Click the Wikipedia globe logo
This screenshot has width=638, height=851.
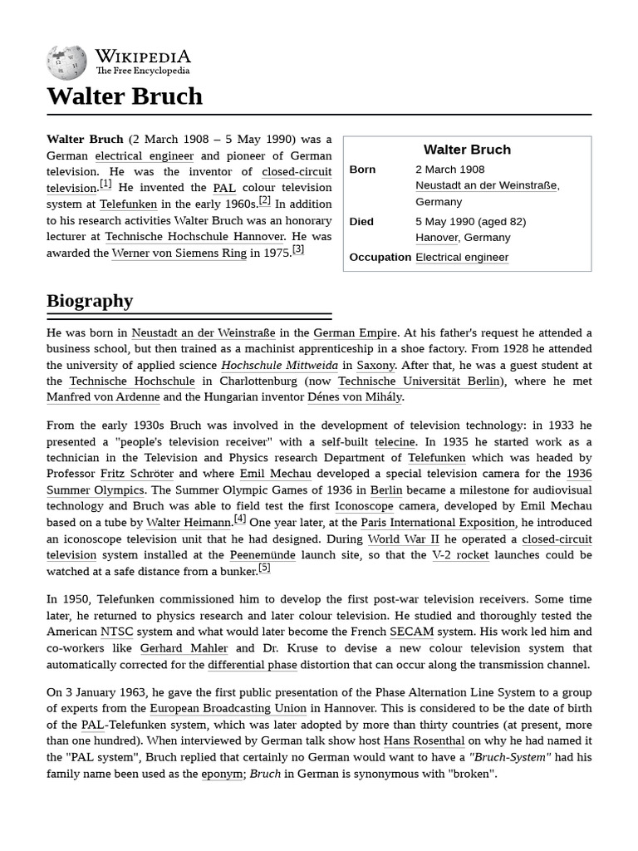(x=66, y=61)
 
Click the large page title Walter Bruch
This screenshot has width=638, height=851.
(x=125, y=96)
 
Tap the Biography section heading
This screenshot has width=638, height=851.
(x=90, y=301)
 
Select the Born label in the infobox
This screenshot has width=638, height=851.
(x=362, y=170)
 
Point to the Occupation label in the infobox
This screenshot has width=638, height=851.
(x=380, y=258)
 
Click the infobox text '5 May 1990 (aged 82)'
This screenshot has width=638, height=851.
(x=470, y=222)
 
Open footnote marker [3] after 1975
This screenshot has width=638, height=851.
(x=298, y=249)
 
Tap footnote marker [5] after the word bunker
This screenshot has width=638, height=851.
(x=264, y=568)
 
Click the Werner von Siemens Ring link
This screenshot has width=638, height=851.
(x=179, y=253)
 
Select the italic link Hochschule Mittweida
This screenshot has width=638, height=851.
(x=279, y=365)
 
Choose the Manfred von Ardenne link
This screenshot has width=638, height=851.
(x=103, y=397)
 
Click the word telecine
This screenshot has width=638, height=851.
(x=395, y=442)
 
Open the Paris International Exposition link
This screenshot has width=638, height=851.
(x=438, y=523)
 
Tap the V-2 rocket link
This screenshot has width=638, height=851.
(x=460, y=555)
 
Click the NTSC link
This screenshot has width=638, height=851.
(x=116, y=632)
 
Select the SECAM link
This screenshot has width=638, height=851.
(x=412, y=632)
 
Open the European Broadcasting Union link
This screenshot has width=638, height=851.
(x=228, y=709)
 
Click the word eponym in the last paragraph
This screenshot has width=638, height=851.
(x=222, y=774)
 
